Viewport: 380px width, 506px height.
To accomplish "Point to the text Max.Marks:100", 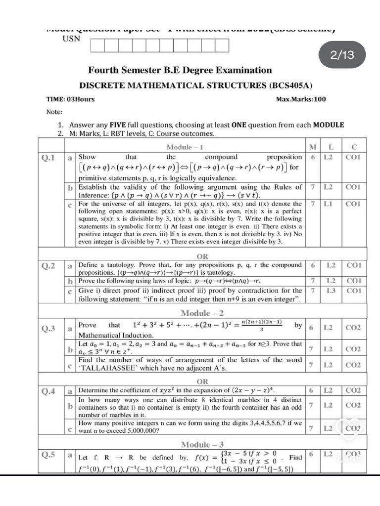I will click(x=301, y=99).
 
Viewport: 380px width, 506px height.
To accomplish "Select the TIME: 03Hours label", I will click(x=70, y=99).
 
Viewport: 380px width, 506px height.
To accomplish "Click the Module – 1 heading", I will click(x=185, y=147).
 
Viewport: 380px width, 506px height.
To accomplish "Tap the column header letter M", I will click(x=312, y=147).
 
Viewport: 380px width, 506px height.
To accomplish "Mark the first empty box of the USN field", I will click(x=97, y=45).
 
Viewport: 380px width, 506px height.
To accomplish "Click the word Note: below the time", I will click(x=54, y=112).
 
